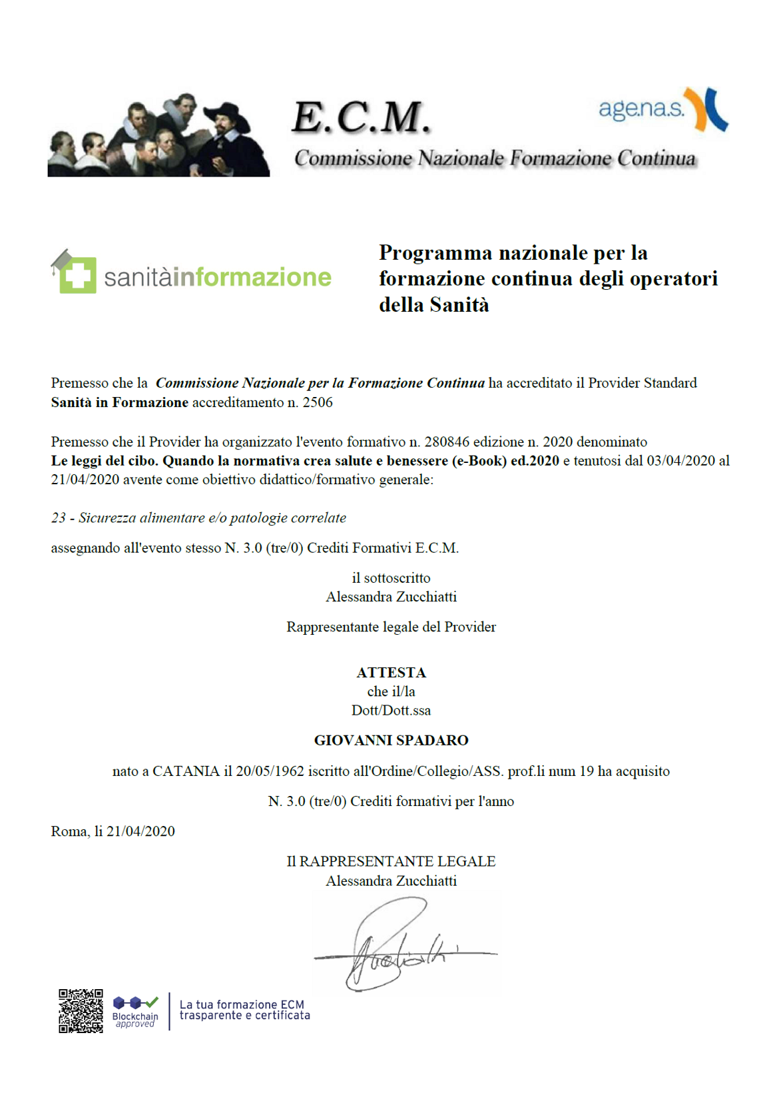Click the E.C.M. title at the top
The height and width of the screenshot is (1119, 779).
pos(361,118)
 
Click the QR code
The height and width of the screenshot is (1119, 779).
pos(81,1010)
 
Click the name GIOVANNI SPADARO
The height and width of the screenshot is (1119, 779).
pos(391,740)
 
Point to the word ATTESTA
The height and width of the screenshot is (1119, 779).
pos(391,672)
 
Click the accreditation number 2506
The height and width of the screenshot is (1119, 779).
pos(318,402)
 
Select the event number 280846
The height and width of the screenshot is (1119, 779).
pos(447,442)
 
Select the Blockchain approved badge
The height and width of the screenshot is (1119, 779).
pos(135,1011)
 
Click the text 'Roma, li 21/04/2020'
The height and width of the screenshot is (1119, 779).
pos(113,831)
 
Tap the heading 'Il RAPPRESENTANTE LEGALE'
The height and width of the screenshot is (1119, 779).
pos(391,861)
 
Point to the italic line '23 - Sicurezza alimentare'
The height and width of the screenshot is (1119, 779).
pos(198,518)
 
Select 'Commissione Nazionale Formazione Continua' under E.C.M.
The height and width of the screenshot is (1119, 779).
pos(495,159)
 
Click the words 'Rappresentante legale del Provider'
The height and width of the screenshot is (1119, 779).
pos(391,627)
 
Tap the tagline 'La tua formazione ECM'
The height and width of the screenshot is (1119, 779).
pos(242,1004)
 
